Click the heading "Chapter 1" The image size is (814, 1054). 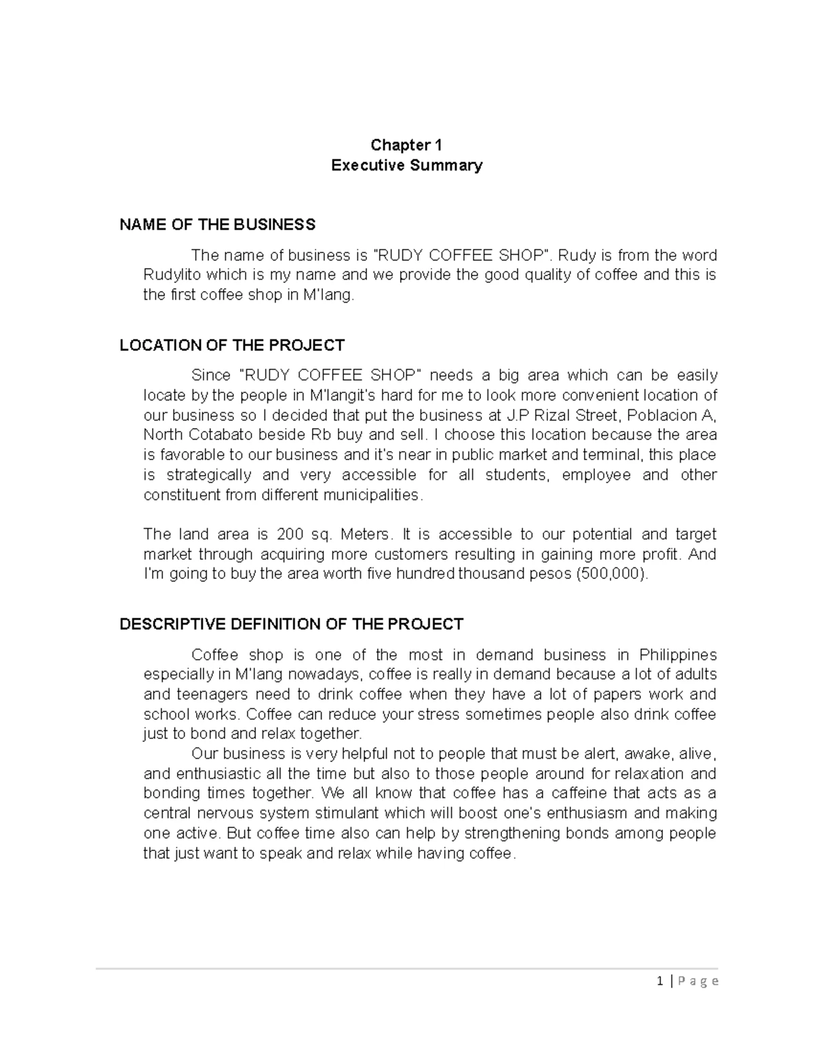click(x=406, y=145)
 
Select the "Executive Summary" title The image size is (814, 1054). click(x=406, y=166)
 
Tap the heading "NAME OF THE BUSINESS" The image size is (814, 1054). click(x=217, y=225)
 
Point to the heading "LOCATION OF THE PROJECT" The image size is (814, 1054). click(x=232, y=345)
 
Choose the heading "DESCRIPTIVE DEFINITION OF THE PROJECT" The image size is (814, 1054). click(x=291, y=624)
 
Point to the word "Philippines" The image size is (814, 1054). click(x=678, y=656)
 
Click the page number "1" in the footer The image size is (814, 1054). click(x=661, y=981)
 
